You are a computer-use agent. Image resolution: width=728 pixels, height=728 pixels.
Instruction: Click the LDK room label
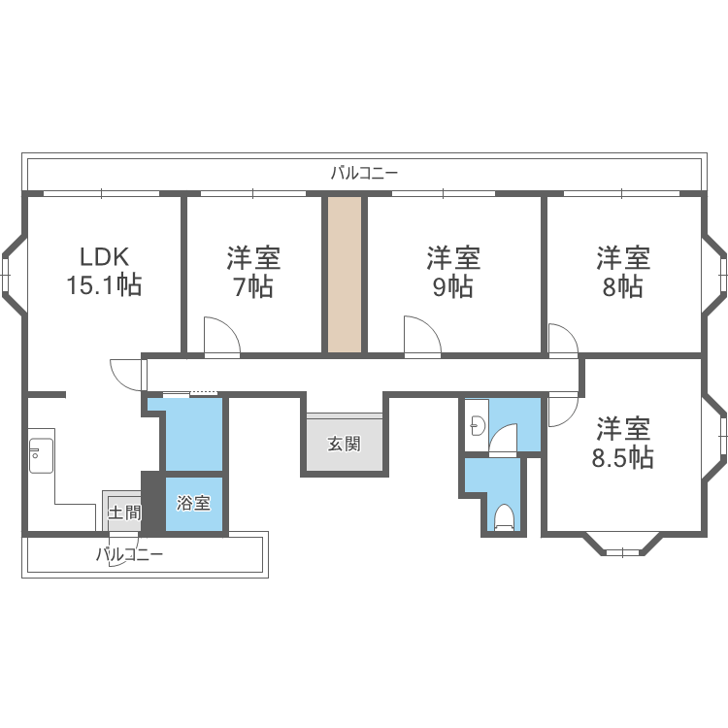[104, 257]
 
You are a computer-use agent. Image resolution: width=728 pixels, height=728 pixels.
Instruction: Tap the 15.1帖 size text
[104, 286]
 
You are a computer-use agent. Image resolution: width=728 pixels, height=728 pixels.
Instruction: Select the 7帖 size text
[253, 287]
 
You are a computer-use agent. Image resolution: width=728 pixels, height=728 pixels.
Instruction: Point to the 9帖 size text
[453, 287]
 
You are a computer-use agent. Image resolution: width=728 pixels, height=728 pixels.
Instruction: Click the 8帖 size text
[623, 287]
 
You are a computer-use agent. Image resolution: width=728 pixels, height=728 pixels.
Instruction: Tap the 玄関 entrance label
[345, 445]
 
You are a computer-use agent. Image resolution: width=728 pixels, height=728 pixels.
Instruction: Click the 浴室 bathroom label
[194, 504]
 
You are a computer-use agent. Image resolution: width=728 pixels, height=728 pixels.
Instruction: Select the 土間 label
[124, 513]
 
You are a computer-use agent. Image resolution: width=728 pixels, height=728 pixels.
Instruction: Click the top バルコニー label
[364, 174]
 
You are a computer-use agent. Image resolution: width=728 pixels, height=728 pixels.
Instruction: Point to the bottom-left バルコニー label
[129, 555]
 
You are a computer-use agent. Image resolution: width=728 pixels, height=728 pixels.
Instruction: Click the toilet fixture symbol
[503, 517]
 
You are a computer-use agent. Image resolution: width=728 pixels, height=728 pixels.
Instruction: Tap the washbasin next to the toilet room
[476, 425]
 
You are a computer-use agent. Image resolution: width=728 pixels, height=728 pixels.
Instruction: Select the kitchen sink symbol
[41, 455]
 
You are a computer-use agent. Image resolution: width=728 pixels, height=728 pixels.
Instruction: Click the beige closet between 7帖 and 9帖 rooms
[344, 275]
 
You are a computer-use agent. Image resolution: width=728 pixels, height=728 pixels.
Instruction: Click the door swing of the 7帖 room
[221, 337]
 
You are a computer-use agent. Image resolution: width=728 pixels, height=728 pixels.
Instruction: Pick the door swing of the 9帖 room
[422, 337]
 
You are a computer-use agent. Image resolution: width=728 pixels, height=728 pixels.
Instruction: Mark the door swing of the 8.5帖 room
[562, 409]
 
